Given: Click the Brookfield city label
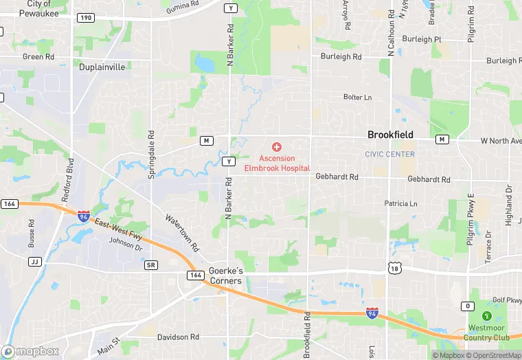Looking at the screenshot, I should click(390, 135).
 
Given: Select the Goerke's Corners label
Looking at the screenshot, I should click(225, 276).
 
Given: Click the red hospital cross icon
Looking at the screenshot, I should click(277, 147).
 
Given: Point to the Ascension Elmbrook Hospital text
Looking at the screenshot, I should click(277, 164).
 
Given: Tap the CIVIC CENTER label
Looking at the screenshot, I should click(390, 155).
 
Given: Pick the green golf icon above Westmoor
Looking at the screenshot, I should click(487, 316).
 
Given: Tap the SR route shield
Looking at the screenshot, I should click(151, 265).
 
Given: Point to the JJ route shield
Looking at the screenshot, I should click(34, 262).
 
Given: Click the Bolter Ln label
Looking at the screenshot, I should click(357, 98).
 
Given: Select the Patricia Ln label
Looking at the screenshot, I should click(400, 204).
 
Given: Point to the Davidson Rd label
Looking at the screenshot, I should click(178, 337).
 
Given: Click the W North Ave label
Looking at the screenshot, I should click(501, 141).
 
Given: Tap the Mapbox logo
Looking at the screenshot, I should click(30, 351).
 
